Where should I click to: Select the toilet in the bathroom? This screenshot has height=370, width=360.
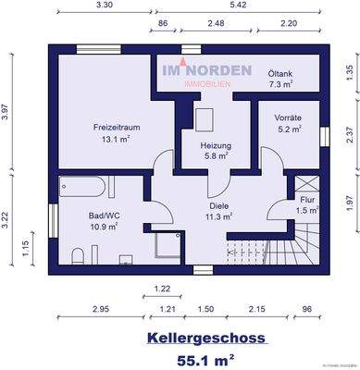pyautogui.click(x=80, y=254)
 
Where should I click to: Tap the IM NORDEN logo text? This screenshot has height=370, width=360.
pyautogui.click(x=202, y=70)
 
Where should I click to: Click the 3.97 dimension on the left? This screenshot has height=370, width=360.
pyautogui.click(x=7, y=112)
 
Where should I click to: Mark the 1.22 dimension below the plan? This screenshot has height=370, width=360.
pyautogui.click(x=162, y=288)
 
